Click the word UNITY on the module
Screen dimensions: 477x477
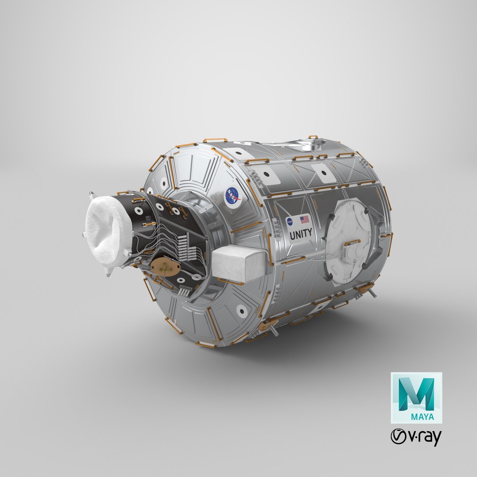[301, 232]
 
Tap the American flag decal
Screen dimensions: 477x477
[304, 219]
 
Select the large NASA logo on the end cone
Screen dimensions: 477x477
[233, 196]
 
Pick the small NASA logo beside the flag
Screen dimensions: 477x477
[289, 221]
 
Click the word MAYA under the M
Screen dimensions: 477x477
[423, 416]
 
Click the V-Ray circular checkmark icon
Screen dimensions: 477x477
[399, 437]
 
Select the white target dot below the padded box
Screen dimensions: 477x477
[242, 311]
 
